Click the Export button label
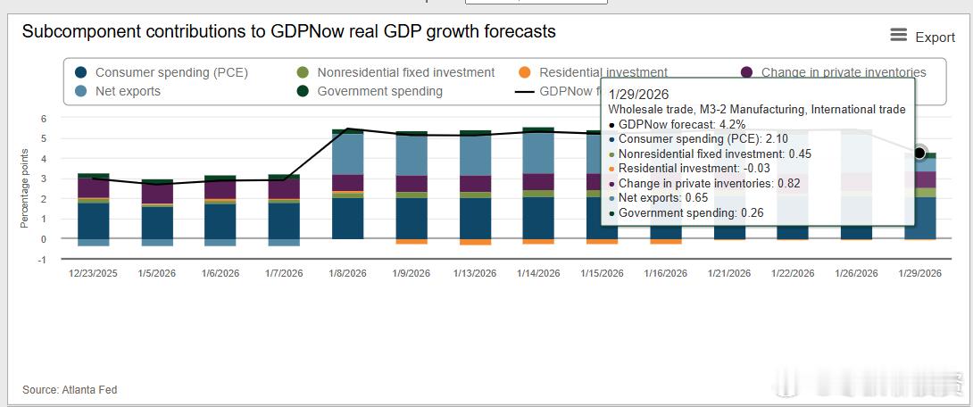point(935,37)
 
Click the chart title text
point(288,32)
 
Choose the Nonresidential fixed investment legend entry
point(405,72)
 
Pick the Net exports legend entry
point(128,91)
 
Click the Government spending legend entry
point(379,91)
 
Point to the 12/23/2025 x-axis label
point(93,273)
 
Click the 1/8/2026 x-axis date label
point(347,273)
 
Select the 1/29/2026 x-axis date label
point(920,273)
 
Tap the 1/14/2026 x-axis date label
point(538,273)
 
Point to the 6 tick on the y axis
point(43,118)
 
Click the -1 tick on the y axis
point(41,260)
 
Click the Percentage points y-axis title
point(24,188)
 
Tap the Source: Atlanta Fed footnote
point(70,390)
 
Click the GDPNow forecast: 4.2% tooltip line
point(682,124)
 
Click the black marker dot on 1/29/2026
point(920,154)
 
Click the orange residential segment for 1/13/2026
point(475,242)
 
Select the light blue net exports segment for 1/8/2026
point(347,154)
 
